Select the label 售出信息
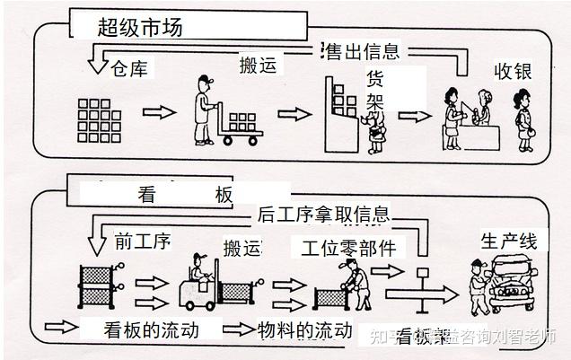360,52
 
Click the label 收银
513,71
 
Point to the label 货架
376,90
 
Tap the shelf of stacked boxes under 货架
342,108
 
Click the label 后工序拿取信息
323,215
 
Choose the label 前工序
143,241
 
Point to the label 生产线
508,241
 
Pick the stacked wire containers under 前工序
98,285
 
